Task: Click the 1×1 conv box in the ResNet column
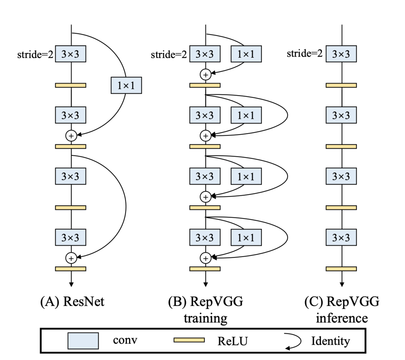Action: (126, 85)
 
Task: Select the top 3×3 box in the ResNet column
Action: (71, 54)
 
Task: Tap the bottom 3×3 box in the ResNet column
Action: (71, 237)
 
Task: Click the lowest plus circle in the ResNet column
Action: (71, 257)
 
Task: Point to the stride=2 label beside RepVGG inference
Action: (304, 54)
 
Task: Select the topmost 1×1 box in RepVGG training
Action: (246, 54)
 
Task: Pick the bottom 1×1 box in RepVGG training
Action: (246, 237)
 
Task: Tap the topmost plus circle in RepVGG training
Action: (205, 75)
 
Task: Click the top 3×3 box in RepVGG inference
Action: (341, 54)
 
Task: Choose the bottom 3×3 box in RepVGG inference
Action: (341, 237)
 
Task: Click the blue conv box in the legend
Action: (83, 341)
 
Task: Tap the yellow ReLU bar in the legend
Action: (189, 340)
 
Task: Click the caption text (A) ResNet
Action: (72, 302)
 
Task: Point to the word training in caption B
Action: (206, 318)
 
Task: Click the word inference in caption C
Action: (341, 318)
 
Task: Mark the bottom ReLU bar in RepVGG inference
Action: (341, 269)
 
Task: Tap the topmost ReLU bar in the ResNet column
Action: (71, 85)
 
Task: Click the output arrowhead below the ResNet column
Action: (71, 283)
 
